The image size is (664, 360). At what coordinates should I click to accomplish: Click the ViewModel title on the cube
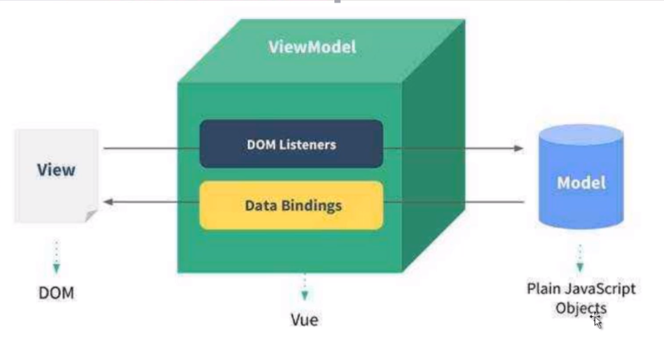click(x=312, y=47)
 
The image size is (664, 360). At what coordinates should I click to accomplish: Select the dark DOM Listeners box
click(x=291, y=144)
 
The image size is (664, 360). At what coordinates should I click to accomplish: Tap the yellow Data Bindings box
click(x=291, y=205)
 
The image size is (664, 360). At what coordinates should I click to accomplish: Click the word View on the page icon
click(x=56, y=169)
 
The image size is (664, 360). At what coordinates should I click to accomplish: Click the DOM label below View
click(x=56, y=293)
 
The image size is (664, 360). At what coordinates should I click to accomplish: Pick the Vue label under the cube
click(x=305, y=319)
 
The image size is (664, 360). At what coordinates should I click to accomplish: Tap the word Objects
click(x=580, y=308)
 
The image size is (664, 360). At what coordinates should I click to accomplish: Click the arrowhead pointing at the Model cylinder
click(x=519, y=149)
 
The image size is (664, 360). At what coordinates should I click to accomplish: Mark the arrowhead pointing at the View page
click(x=108, y=202)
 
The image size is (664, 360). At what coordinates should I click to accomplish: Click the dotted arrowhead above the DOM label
click(x=56, y=269)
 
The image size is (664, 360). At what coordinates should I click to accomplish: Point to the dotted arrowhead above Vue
click(x=305, y=295)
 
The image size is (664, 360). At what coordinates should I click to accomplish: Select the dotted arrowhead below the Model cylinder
click(x=580, y=267)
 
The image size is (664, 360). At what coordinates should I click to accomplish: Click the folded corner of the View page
click(x=92, y=217)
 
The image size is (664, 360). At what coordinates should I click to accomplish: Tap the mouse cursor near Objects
click(x=596, y=321)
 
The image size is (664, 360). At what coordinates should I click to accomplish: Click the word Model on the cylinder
click(x=581, y=183)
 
